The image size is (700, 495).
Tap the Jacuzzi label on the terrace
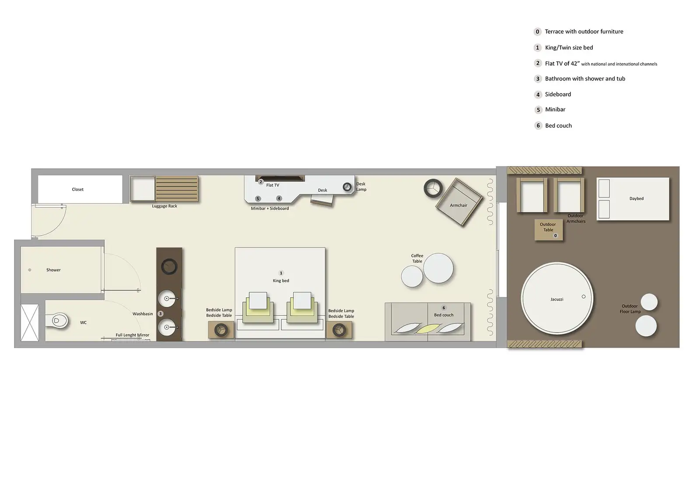[556, 299]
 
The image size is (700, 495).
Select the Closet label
[77, 190]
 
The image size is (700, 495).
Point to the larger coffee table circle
[438, 268]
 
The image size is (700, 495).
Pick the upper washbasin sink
[167, 299]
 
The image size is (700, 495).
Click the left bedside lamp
[221, 330]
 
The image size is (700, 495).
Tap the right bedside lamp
[339, 330]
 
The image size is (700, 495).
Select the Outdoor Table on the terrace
[548, 229]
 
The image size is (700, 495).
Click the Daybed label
[636, 199]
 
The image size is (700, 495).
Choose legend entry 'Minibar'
[555, 109]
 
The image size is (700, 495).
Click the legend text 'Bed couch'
[558, 126]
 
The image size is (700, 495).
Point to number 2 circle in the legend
[538, 63]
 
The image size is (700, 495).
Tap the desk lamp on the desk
[347, 187]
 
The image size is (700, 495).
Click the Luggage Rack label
[164, 206]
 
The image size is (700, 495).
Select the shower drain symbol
[30, 270]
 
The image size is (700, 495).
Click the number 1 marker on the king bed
[281, 273]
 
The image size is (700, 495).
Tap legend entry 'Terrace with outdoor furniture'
[584, 32]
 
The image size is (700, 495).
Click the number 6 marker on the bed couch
[444, 308]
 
